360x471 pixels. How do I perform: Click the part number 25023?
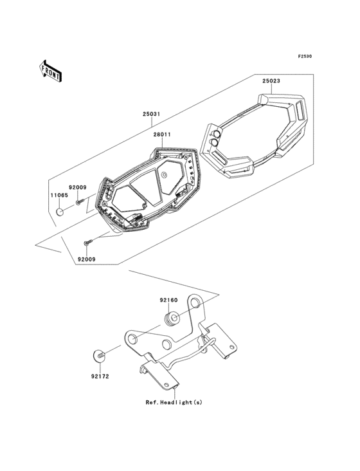271,82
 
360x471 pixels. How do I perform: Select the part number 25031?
151,114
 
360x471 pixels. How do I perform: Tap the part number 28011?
162,136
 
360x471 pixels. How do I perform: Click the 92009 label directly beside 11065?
78,187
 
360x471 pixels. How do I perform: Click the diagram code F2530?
304,57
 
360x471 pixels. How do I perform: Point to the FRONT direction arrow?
51,70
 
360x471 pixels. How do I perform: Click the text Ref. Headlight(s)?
173,403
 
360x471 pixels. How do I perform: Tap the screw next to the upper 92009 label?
78,202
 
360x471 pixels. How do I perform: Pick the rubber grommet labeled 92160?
172,319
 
